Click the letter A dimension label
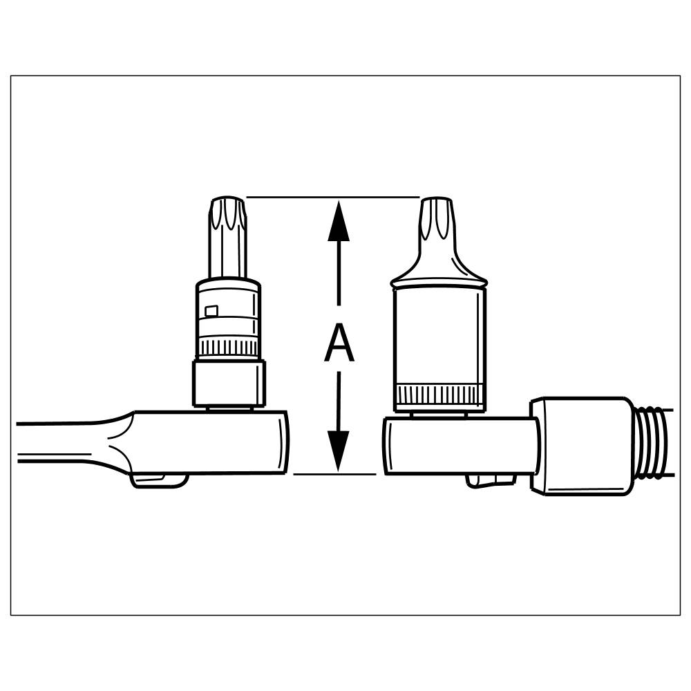339,344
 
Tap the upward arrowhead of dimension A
339,220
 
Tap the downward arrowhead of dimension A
339,452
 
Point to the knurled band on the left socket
229,347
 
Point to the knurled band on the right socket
439,396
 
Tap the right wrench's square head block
456,446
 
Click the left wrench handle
62,442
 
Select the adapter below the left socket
229,384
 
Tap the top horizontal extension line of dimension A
332,197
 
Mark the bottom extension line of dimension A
334,474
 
